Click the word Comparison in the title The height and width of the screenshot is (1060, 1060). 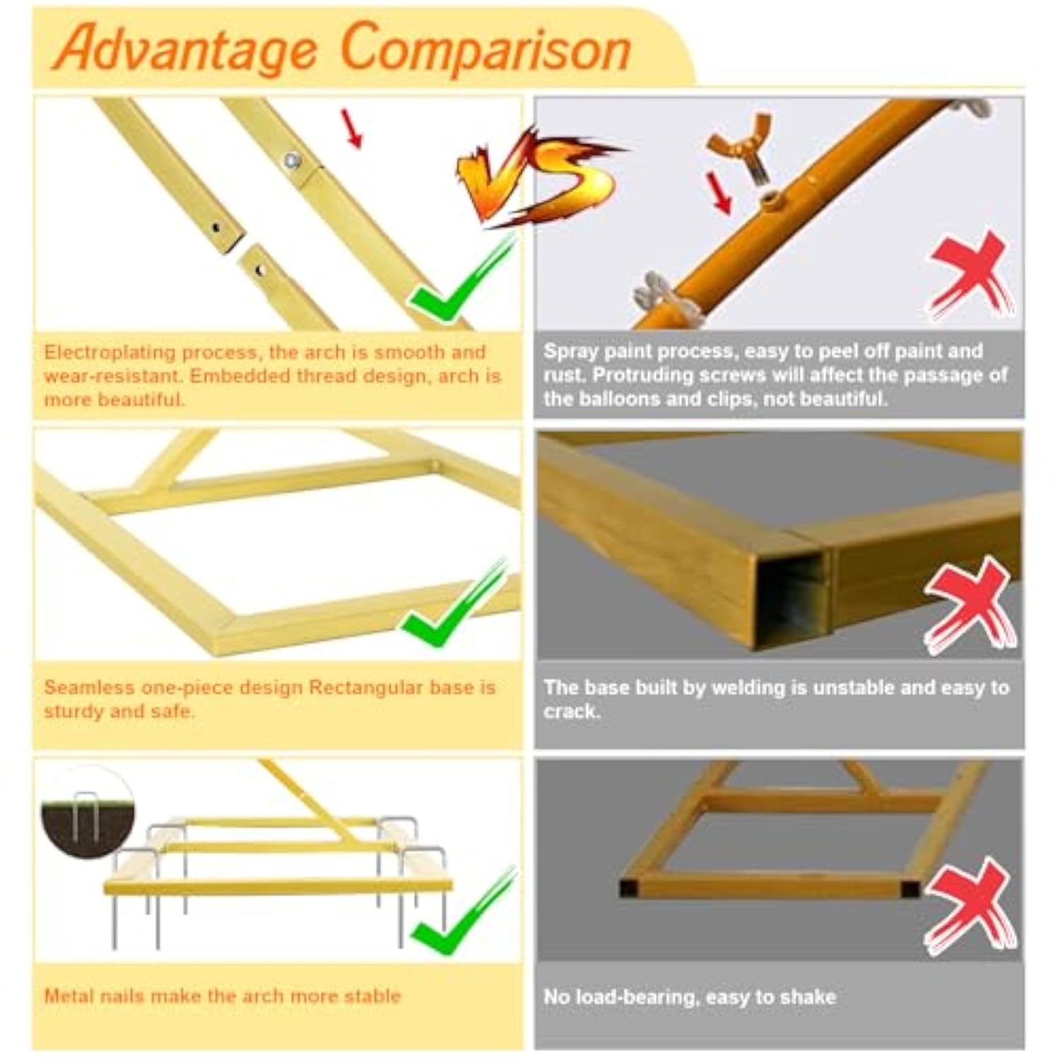(485, 47)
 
